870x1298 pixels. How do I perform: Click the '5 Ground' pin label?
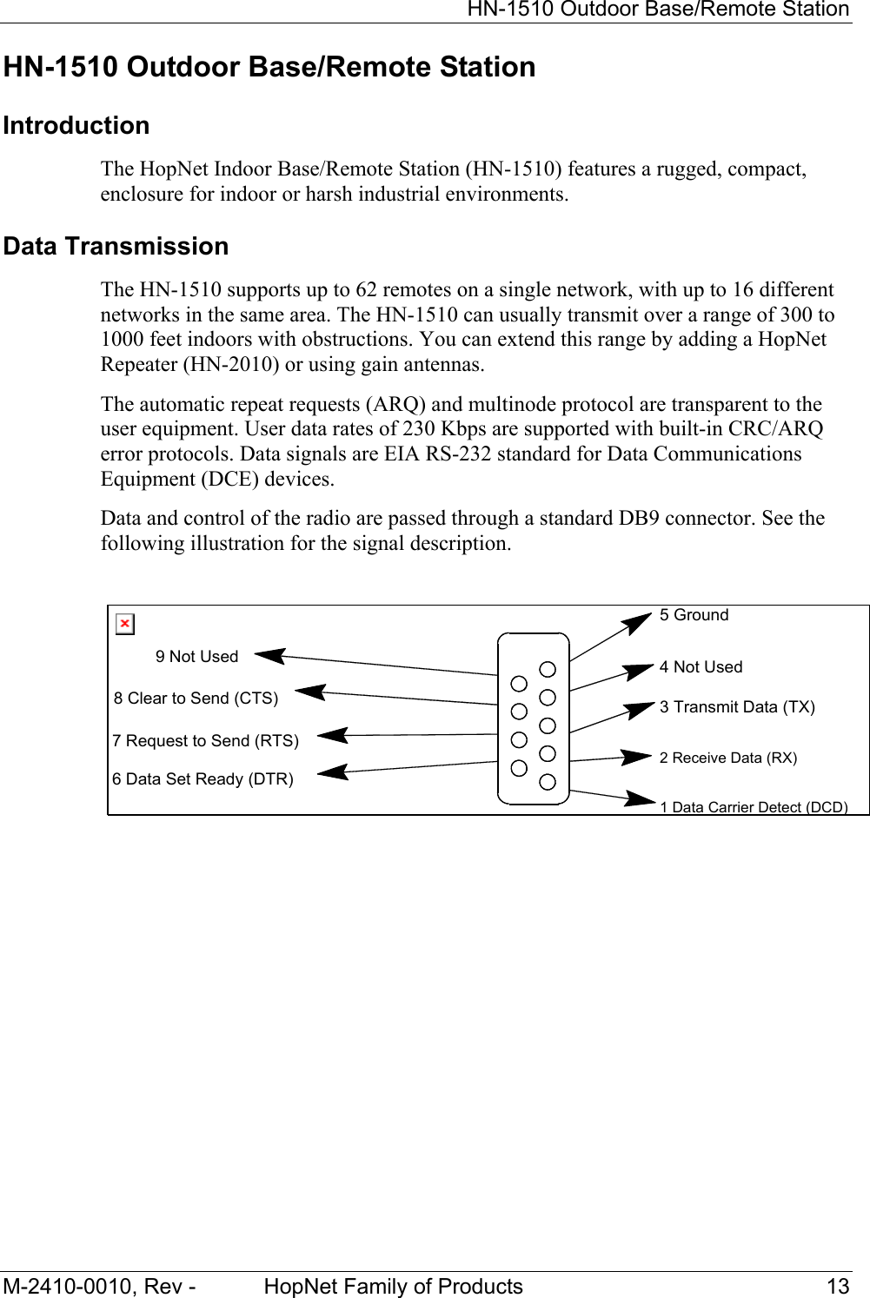click(x=694, y=615)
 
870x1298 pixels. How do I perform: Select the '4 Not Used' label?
click(x=701, y=667)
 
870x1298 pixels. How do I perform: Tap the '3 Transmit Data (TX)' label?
click(x=737, y=707)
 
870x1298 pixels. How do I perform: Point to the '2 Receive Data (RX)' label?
click(x=727, y=758)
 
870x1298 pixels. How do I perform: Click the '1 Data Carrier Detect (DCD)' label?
click(x=754, y=807)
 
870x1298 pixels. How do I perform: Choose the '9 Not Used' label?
click(x=196, y=657)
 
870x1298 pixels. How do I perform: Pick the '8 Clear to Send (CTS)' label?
click(x=196, y=699)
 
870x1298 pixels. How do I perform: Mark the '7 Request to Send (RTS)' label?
click(x=205, y=741)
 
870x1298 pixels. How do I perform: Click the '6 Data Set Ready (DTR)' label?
click(x=203, y=779)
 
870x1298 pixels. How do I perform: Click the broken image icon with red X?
click(x=125, y=624)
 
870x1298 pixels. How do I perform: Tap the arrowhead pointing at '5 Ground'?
click(x=641, y=620)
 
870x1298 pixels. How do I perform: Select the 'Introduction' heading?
click(x=76, y=126)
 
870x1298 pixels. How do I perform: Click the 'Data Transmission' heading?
click(x=116, y=247)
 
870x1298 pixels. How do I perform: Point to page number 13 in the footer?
click(x=838, y=1287)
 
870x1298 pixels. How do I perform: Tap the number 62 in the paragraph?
click(x=366, y=290)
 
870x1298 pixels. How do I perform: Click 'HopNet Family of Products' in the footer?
click(x=393, y=1287)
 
